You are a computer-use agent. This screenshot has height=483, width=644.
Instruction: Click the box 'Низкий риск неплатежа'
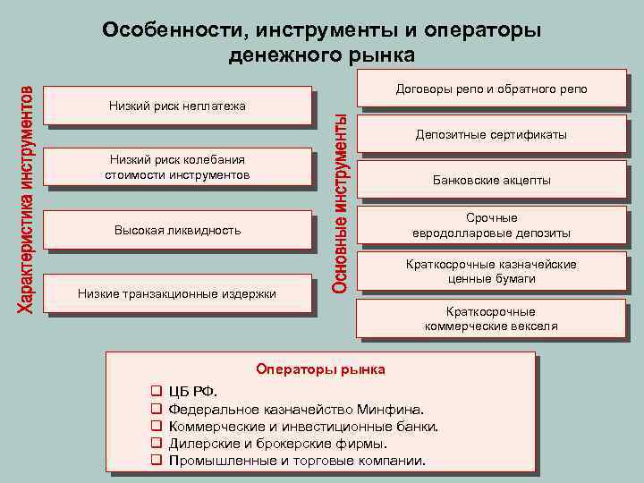click(x=177, y=106)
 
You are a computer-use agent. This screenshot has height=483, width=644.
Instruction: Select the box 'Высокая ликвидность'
click(x=177, y=230)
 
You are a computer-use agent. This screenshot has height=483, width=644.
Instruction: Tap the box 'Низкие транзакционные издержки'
click(x=177, y=292)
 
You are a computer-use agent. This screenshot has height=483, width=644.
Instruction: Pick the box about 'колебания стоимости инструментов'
click(x=177, y=167)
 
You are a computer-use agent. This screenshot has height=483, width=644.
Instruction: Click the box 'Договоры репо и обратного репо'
click(x=491, y=90)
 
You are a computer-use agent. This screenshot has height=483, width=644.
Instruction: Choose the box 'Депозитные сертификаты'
click(x=491, y=135)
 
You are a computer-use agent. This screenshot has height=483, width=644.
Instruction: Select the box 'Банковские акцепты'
click(x=491, y=180)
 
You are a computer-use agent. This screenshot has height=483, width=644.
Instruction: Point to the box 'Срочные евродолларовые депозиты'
click(x=491, y=225)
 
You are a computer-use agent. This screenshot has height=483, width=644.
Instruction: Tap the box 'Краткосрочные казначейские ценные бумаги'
click(x=491, y=271)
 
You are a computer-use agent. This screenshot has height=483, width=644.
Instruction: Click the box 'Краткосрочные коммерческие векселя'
click(x=491, y=318)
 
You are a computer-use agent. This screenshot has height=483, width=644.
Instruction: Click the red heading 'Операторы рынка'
click(x=320, y=369)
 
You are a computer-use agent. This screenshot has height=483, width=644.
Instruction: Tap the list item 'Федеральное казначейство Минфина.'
click(x=296, y=410)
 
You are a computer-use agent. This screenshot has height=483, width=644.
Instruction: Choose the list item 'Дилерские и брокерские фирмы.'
click(x=278, y=444)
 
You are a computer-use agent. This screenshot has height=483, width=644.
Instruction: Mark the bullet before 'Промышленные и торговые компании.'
click(x=156, y=461)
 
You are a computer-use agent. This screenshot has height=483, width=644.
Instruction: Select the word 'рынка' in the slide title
click(x=382, y=55)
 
